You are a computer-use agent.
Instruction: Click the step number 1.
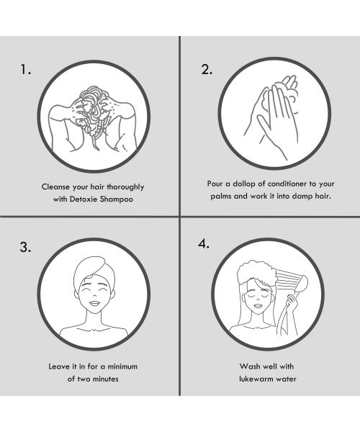25,70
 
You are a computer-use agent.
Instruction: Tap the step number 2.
207,69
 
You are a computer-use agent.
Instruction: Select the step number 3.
25,247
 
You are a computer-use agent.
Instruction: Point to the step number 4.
204,243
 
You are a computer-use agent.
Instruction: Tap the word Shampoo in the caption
116,199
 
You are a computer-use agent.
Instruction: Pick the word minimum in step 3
122,366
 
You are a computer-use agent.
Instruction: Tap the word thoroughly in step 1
125,187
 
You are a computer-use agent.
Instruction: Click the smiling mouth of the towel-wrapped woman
94,303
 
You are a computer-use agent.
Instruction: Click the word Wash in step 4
248,366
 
